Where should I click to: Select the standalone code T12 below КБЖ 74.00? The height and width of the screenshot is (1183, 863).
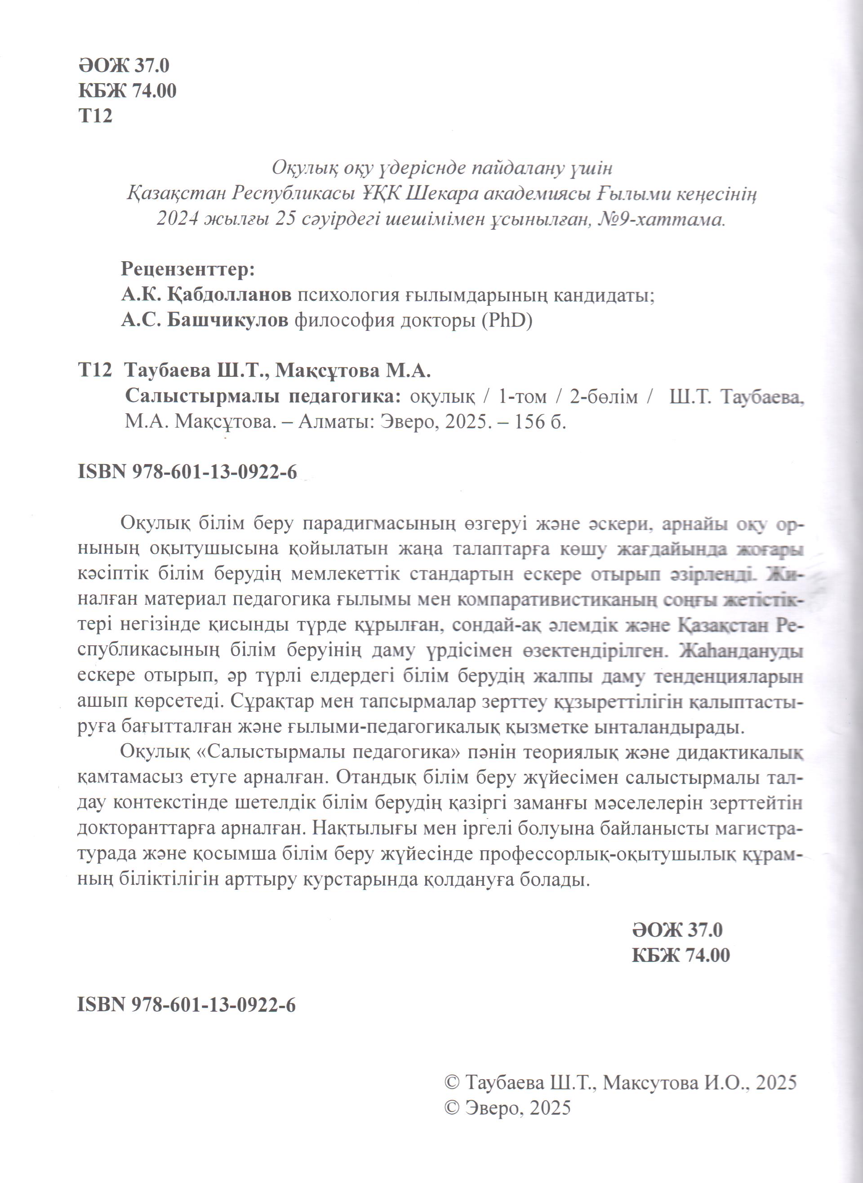[95, 116]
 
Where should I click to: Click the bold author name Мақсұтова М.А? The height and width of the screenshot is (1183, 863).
[353, 371]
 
